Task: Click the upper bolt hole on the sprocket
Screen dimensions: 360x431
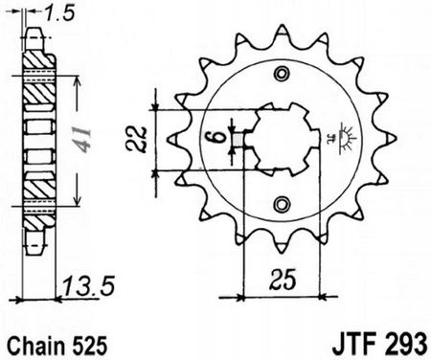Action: click(x=281, y=76)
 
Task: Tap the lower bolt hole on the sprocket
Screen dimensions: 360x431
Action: click(x=281, y=204)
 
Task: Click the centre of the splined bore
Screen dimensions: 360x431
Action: click(x=281, y=140)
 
